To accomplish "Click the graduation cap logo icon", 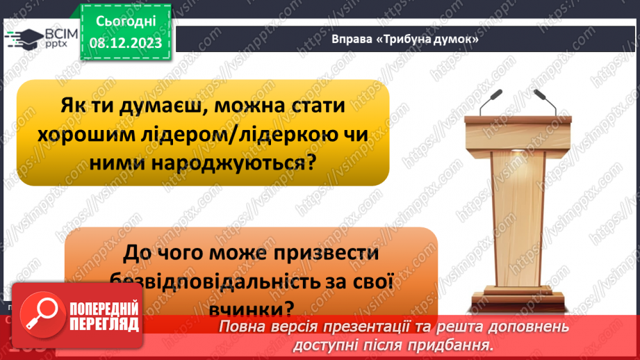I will tap(27, 38).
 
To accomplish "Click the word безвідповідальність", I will tap(215, 281).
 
